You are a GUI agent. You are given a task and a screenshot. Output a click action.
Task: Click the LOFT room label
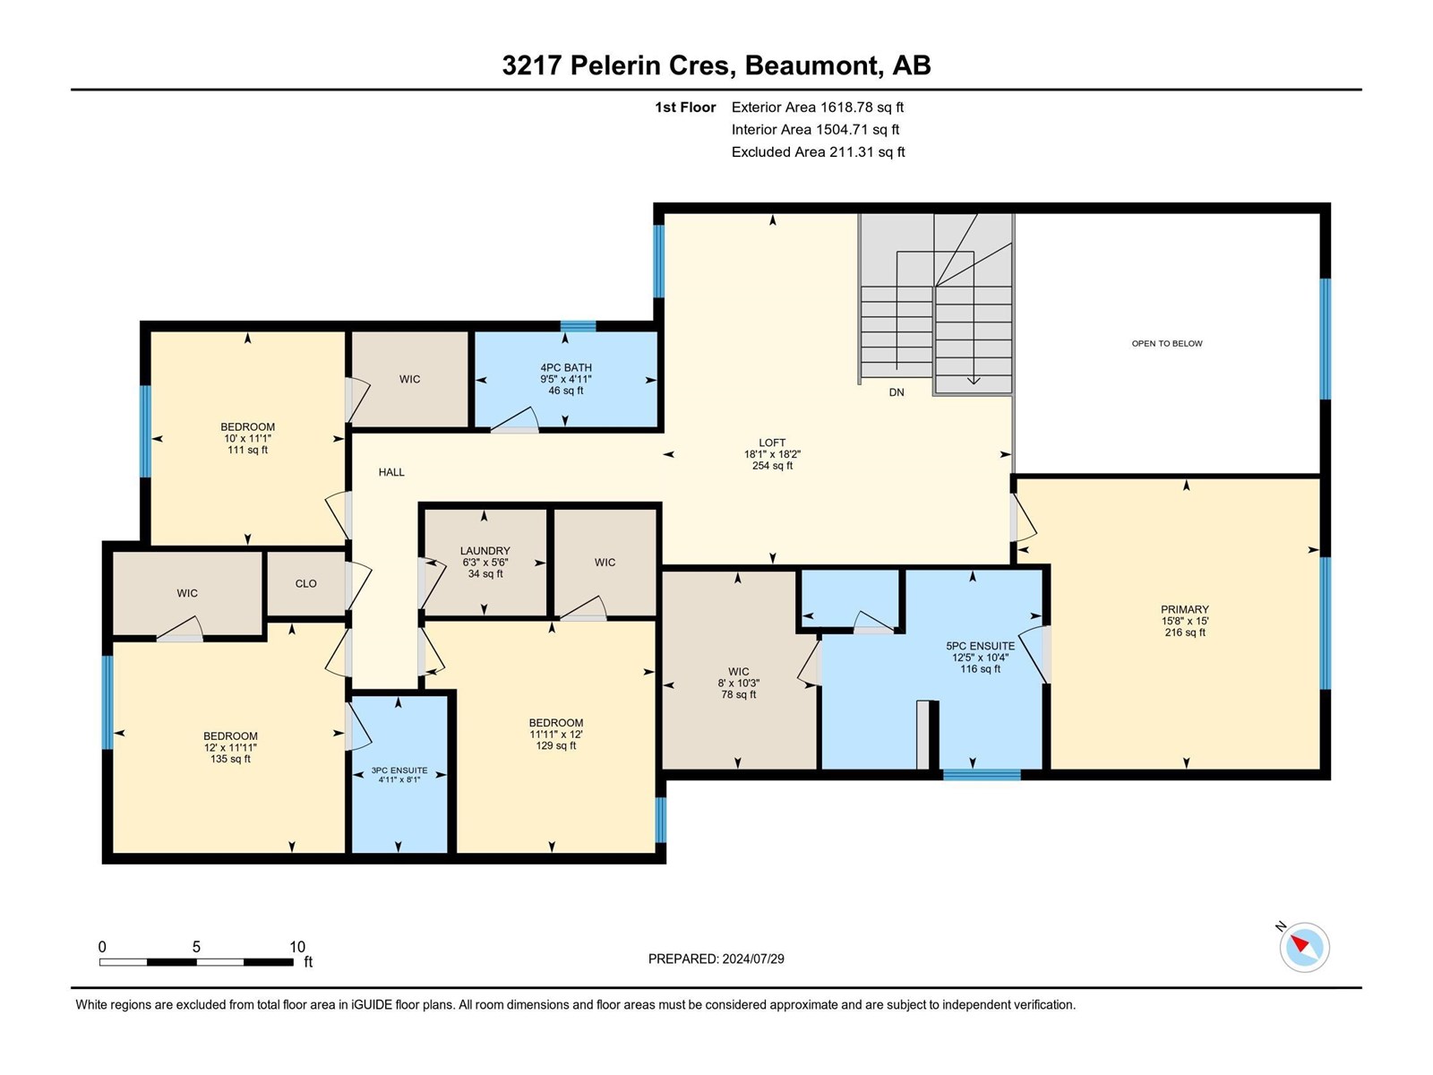point(772,443)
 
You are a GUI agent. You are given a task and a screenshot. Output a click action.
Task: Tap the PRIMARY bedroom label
point(1185,609)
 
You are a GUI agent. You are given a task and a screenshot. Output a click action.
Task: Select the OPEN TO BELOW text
point(1167,343)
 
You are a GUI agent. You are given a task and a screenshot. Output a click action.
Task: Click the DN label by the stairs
point(897,392)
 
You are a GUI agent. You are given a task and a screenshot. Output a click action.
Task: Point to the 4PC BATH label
point(565,367)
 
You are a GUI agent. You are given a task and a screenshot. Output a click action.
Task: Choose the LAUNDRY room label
point(485,551)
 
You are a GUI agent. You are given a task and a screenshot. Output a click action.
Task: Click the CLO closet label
point(305,583)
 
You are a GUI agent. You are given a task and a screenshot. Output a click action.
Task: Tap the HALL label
point(391,472)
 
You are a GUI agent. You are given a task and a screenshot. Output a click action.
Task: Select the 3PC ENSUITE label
point(399,770)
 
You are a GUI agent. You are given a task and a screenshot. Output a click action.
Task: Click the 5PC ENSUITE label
point(980,646)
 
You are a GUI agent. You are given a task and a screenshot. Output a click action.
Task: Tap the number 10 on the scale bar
point(297,946)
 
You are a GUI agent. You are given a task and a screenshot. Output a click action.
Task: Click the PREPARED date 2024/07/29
point(752,959)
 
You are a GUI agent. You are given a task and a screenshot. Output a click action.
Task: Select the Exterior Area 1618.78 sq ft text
point(818,107)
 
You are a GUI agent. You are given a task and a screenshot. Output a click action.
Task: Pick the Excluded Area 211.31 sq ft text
point(818,152)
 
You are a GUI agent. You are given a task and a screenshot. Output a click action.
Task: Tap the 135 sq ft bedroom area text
point(230,759)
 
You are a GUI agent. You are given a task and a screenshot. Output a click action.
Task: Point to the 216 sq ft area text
point(1185,632)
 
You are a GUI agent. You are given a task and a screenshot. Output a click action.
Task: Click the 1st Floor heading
point(685,107)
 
